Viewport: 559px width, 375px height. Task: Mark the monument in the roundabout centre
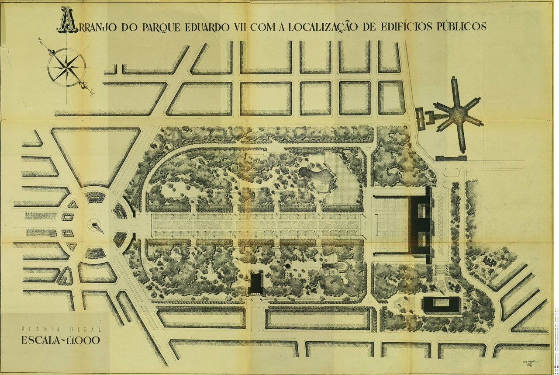click(96, 226)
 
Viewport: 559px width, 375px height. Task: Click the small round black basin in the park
click(287, 266)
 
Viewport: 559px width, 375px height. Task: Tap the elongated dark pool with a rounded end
click(337, 266)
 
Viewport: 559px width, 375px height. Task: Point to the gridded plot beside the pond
click(345, 184)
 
